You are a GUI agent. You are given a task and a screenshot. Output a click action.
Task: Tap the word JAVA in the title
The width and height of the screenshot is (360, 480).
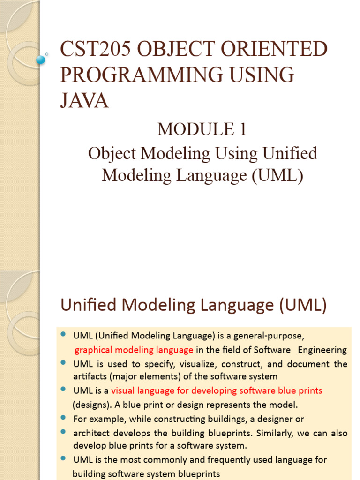(84, 101)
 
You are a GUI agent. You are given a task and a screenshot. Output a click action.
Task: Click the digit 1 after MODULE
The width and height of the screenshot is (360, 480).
(242, 129)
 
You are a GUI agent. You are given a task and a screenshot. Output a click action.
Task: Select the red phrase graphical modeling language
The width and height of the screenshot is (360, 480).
(134, 350)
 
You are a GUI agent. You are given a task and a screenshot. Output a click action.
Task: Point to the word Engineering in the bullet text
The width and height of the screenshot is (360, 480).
(322, 350)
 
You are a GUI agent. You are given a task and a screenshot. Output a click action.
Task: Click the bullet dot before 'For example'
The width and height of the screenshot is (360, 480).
(63, 417)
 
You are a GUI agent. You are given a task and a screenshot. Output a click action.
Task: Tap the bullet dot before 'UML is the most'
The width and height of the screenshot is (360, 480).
(63, 458)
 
